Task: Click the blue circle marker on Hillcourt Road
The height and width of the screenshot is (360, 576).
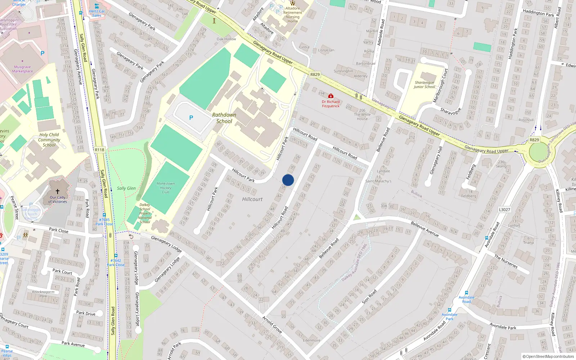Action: point(288,180)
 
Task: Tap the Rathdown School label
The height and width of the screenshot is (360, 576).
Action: point(224,118)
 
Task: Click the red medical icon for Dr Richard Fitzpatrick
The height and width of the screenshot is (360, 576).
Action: point(330,96)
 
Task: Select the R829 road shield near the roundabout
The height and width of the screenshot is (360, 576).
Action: point(534,140)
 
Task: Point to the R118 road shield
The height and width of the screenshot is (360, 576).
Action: point(100,150)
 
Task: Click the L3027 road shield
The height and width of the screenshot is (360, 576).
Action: point(504,210)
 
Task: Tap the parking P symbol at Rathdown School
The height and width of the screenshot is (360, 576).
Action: point(191,118)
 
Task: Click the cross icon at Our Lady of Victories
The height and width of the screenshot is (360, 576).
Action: point(57,192)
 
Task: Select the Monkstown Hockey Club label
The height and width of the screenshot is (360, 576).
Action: point(166,188)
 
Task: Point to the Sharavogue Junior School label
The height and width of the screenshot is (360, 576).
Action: point(424,85)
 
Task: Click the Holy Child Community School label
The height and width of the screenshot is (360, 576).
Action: point(49,140)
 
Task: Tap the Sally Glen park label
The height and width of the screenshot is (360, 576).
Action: point(126,188)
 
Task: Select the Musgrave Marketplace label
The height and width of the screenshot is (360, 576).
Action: point(22,69)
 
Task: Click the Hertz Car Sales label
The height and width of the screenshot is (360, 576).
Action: point(97,13)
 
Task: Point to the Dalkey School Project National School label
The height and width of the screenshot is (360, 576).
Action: point(145,213)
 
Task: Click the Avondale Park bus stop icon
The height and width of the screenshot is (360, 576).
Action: point(450,310)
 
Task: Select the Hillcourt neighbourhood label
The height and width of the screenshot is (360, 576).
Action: point(252,199)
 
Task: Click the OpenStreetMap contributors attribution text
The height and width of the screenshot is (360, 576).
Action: point(548,356)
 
